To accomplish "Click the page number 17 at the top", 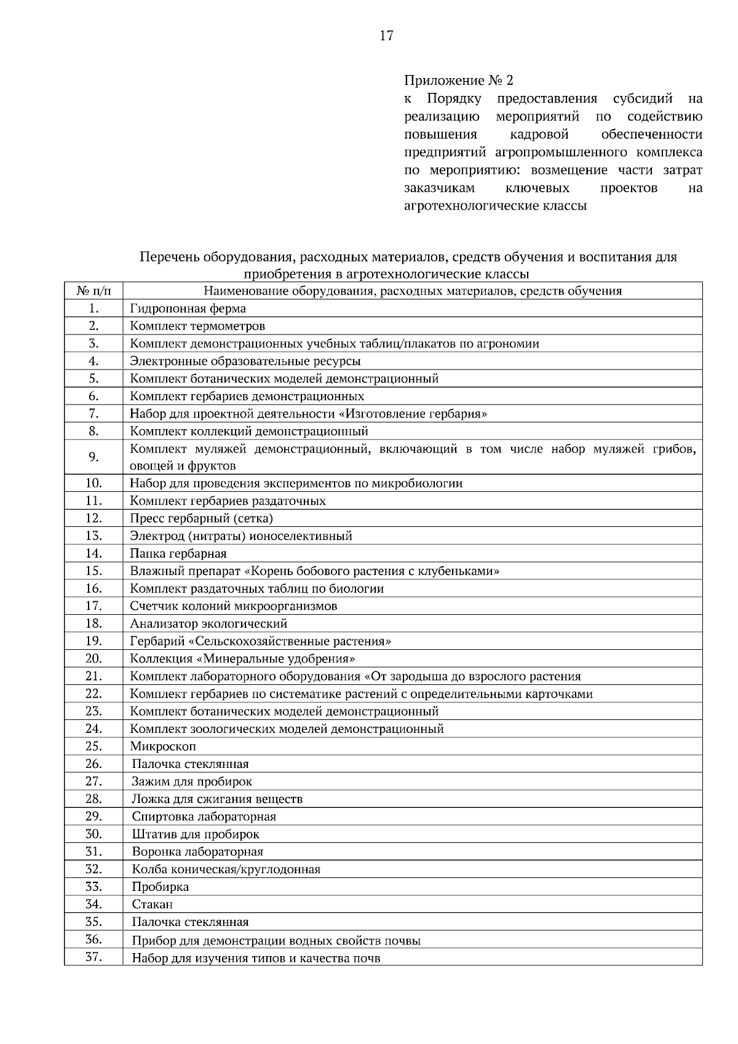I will click(x=386, y=35).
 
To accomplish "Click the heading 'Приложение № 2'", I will click(x=458, y=81).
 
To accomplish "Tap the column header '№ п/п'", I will click(x=93, y=291).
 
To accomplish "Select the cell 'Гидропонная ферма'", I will click(x=188, y=309).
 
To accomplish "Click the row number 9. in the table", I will click(x=93, y=457).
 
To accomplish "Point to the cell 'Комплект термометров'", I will click(x=197, y=326).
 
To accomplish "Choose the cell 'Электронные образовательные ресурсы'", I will click(x=245, y=361).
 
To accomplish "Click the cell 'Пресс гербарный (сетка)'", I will click(x=201, y=518).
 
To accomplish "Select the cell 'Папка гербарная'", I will click(x=178, y=553).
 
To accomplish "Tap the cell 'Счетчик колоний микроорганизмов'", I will click(x=234, y=606).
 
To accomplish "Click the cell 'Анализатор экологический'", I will click(x=208, y=623).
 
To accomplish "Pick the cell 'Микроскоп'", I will click(x=163, y=746).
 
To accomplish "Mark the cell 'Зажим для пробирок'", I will click(x=192, y=781).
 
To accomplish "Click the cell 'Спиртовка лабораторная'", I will click(x=204, y=817).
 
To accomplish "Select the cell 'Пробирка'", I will click(x=161, y=887).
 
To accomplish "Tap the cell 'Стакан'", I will click(x=152, y=904).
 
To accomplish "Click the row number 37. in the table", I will click(x=93, y=957).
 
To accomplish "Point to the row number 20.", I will click(x=93, y=658).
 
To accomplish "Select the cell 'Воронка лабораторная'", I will click(x=197, y=852).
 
